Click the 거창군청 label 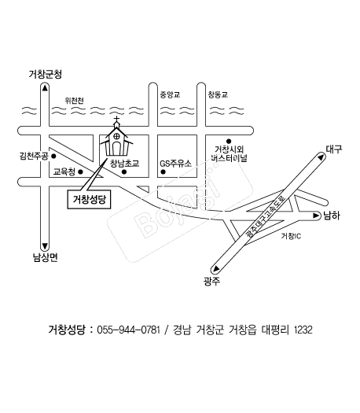click(46, 74)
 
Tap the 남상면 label click(46, 257)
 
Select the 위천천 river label click(75, 101)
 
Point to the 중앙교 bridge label click(170, 94)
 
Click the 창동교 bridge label click(218, 94)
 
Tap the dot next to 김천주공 click(53, 156)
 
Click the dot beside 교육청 click(80, 171)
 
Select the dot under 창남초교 click(124, 172)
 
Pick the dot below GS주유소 click(163, 172)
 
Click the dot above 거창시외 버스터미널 click(229, 142)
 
